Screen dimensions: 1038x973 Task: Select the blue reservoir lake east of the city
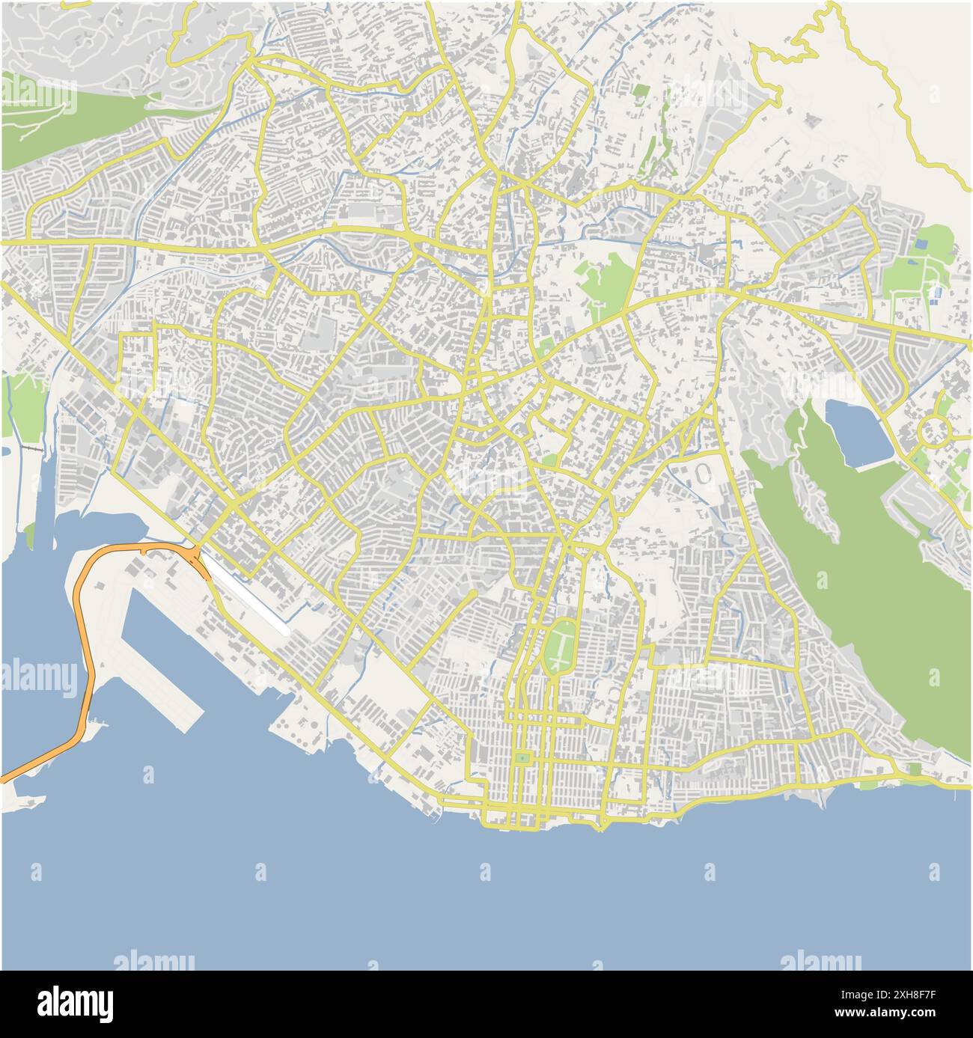856,433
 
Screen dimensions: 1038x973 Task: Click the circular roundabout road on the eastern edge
934,431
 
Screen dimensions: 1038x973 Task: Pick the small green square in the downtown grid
521,759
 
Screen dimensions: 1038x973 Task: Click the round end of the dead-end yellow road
474,593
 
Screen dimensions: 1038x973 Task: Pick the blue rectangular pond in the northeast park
921,243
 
